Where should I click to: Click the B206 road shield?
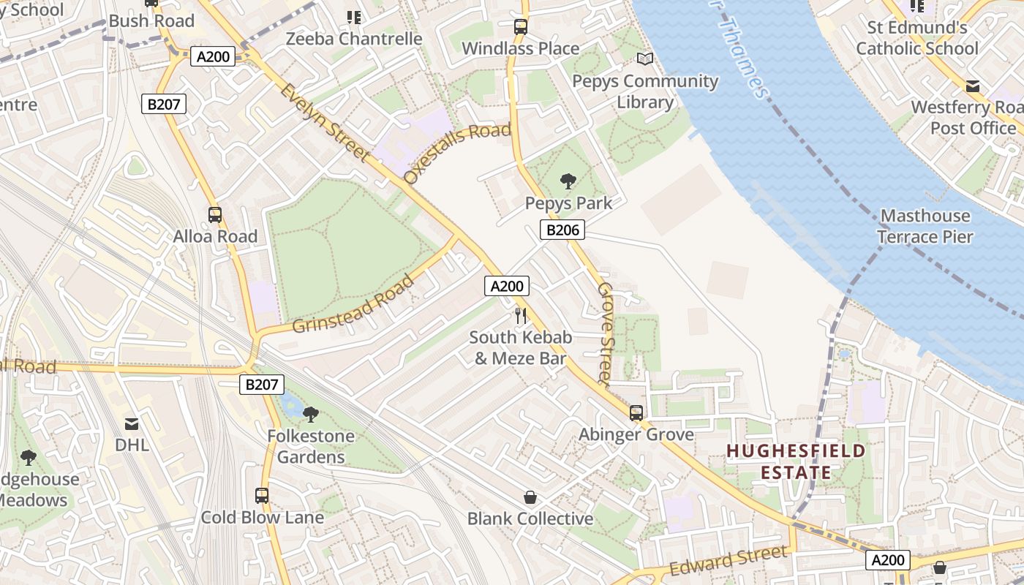click(563, 230)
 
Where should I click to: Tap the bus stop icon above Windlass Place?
click(520, 27)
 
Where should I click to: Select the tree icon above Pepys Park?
click(568, 181)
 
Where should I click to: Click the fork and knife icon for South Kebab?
click(520, 316)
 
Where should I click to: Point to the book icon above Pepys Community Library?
click(644, 59)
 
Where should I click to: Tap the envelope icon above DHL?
click(132, 423)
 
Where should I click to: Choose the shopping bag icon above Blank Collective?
click(530, 498)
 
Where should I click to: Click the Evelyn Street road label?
click(325, 121)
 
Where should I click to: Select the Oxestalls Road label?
click(457, 153)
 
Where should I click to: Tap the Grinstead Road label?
click(353, 303)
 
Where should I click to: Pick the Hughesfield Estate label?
click(796, 461)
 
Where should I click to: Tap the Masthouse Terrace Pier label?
click(925, 226)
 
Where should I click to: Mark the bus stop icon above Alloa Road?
click(215, 215)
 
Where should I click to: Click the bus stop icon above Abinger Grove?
click(636, 413)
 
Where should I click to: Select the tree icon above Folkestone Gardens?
click(311, 415)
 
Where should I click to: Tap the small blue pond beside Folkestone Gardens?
click(290, 403)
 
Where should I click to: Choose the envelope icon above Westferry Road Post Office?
click(973, 86)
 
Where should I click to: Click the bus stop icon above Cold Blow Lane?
click(262, 496)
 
